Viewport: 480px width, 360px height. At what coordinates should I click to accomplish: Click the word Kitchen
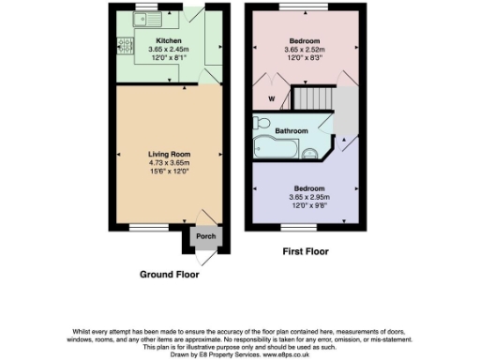pyautogui.click(x=168, y=40)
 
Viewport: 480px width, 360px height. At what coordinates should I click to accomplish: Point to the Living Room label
pyautogui.click(x=169, y=154)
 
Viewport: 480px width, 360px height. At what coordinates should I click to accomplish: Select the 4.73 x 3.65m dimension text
pyautogui.click(x=169, y=163)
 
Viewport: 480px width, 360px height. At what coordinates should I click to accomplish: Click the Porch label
pyautogui.click(x=205, y=235)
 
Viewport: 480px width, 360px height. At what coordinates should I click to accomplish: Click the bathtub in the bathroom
pyautogui.click(x=277, y=145)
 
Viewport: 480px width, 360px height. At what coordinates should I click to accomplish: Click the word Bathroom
pyautogui.click(x=291, y=130)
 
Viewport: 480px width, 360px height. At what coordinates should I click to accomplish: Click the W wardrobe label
pyautogui.click(x=272, y=97)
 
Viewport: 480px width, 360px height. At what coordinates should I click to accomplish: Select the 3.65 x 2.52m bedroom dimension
pyautogui.click(x=304, y=51)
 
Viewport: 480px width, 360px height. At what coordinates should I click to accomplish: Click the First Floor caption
pyautogui.click(x=305, y=252)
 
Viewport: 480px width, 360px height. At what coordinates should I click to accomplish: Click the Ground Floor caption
pyautogui.click(x=169, y=275)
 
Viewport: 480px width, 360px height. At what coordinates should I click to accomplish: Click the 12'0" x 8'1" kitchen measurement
pyautogui.click(x=168, y=59)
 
